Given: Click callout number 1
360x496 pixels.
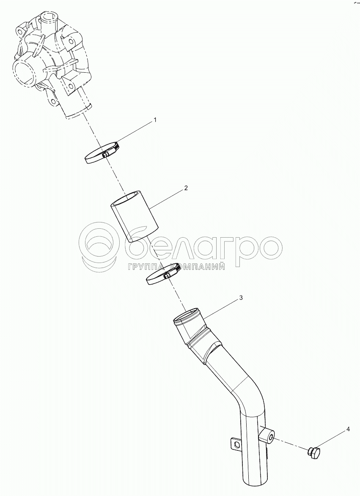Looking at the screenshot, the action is pyautogui.click(x=155, y=120).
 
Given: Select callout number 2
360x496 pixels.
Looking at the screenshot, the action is pyautogui.click(x=186, y=188).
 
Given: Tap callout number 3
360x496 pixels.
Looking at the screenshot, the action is pyautogui.click(x=241, y=298).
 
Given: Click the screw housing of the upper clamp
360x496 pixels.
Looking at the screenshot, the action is pyautogui.click(x=106, y=154).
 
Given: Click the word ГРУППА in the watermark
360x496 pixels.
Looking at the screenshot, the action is pyautogui.click(x=147, y=267).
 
